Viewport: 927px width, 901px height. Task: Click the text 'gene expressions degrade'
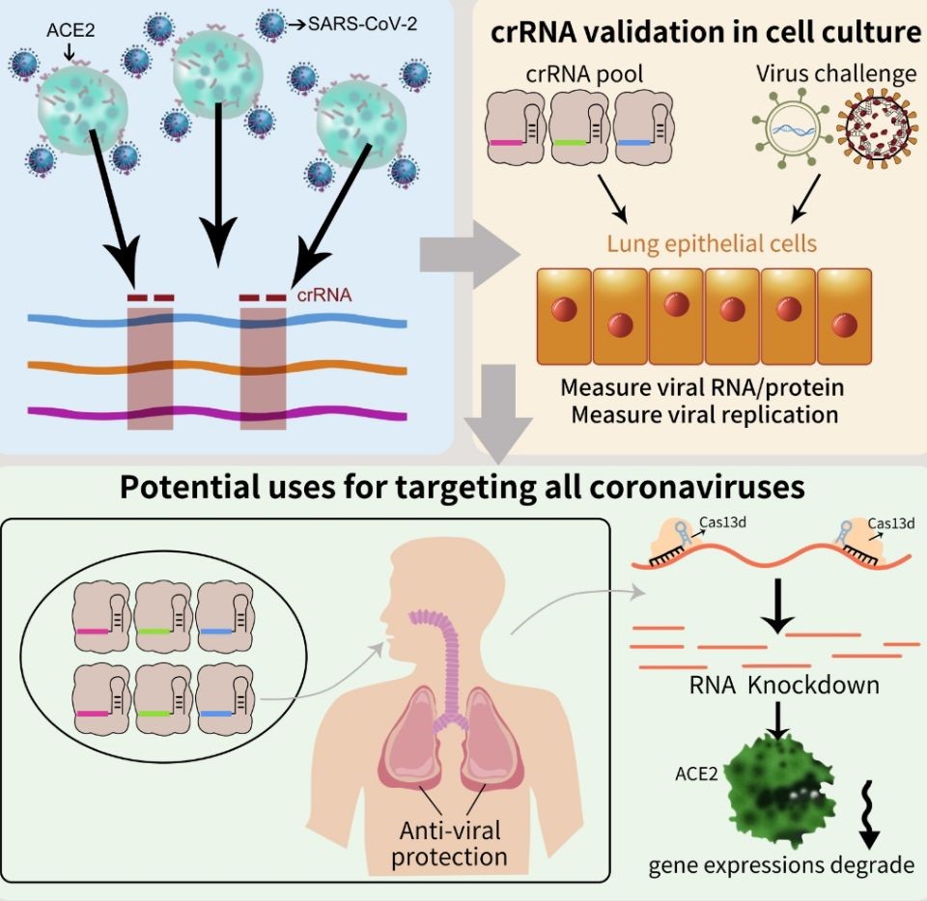[x=781, y=863]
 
